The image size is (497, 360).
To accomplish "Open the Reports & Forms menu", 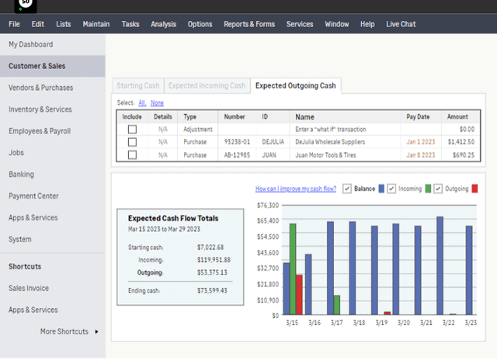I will pos(249,24).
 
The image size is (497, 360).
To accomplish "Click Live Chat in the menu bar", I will pos(401,24).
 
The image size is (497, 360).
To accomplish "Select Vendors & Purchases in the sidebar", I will pos(40,88).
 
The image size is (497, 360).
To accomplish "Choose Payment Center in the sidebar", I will pos(33,196).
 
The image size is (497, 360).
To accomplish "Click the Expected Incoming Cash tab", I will pos(207,85).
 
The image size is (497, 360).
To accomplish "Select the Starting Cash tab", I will pos(137,85).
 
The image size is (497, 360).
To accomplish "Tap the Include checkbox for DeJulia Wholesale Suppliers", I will pos(132,142).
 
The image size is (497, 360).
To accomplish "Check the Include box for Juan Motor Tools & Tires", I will pos(132,155).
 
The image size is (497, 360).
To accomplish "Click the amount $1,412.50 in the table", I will pos(461,142).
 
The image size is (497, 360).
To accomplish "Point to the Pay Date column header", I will pos(417,116).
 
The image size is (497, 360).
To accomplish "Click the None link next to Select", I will pos(157,102).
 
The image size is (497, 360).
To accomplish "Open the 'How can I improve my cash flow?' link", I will pos(297,189).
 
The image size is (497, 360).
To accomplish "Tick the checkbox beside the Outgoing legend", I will pos(439,189).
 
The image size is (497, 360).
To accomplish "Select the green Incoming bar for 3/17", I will pos(336,305).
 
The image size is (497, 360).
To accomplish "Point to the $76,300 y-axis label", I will pos(267,205).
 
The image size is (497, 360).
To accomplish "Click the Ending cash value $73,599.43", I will pos(212,290).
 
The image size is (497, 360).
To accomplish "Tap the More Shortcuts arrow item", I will pos(70,331).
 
